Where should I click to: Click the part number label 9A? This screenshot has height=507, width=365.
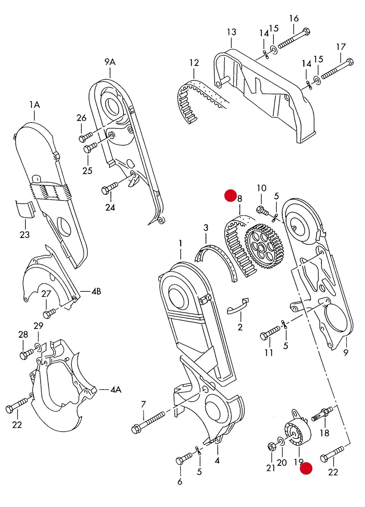tap(110, 62)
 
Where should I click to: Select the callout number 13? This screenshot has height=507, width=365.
tap(231, 32)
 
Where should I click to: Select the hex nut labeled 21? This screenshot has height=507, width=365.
tap(272, 447)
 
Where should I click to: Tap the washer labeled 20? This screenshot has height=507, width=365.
tap(281, 441)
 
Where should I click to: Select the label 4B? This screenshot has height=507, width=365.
tap(96, 291)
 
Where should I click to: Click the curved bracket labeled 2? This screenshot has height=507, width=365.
tap(237, 307)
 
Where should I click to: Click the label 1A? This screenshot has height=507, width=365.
tap(35, 104)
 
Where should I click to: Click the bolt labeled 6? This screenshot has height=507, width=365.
tap(184, 459)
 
